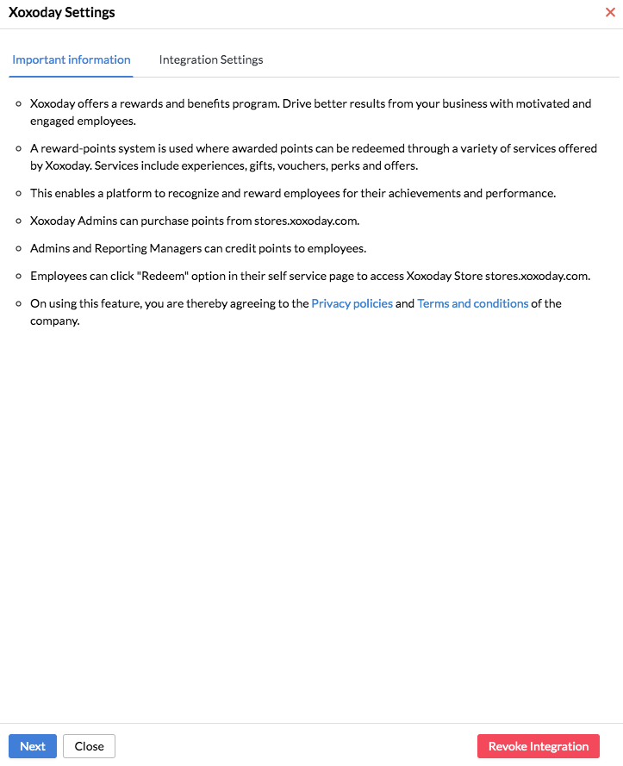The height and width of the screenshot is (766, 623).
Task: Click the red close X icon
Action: click(611, 13)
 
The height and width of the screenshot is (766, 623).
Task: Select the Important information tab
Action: click(72, 60)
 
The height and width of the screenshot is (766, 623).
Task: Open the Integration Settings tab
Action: click(211, 60)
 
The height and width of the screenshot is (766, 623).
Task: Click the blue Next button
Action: click(33, 746)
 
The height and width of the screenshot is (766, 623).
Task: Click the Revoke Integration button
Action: click(539, 746)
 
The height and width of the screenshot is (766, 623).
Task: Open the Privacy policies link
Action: click(352, 304)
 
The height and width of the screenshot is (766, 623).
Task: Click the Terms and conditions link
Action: click(473, 304)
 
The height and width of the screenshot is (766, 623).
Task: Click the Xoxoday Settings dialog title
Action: click(62, 13)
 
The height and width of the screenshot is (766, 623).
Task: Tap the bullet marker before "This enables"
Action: click(20, 193)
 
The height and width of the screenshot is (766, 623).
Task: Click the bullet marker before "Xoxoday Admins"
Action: click(20, 221)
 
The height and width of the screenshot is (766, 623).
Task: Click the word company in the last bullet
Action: click(55, 321)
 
